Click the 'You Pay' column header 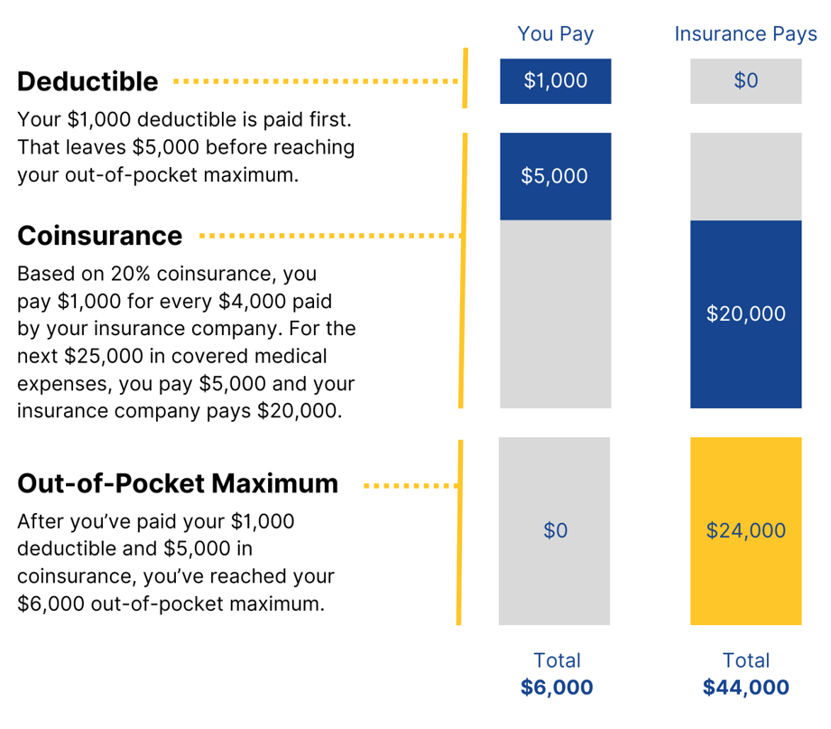pyautogui.click(x=555, y=34)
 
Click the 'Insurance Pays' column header pyautogui.click(x=745, y=34)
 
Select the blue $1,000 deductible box pyautogui.click(x=555, y=81)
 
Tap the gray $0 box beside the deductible pyautogui.click(x=745, y=81)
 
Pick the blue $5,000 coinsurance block pyautogui.click(x=555, y=176)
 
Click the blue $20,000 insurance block pyautogui.click(x=745, y=313)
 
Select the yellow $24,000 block pyautogui.click(x=745, y=530)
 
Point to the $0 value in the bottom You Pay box pyautogui.click(x=555, y=530)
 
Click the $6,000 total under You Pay pyautogui.click(x=557, y=687)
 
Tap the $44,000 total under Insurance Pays pyautogui.click(x=745, y=687)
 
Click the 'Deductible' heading pyautogui.click(x=88, y=81)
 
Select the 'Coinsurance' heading pyautogui.click(x=99, y=236)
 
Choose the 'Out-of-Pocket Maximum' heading pyautogui.click(x=178, y=483)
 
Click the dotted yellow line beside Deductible pyautogui.click(x=316, y=81)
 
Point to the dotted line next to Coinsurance pyautogui.click(x=329, y=236)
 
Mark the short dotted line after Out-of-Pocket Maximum pyautogui.click(x=411, y=485)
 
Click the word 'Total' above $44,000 pyautogui.click(x=745, y=660)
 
